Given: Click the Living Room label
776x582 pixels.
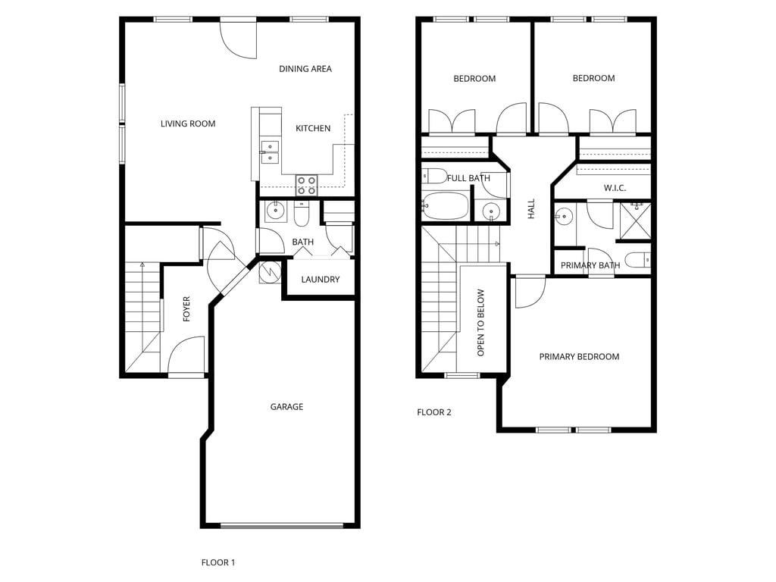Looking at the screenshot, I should pos(188,124).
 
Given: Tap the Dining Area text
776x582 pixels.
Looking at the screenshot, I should pos(305,69).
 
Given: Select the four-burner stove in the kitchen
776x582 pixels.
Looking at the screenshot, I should pos(306,185).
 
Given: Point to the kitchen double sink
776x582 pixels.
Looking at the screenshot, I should pos(270,152).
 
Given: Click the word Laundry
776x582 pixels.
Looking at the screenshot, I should pos(320,280).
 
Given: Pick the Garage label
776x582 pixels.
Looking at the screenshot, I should pos(286,407).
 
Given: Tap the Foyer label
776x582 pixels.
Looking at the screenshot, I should pos(186,309).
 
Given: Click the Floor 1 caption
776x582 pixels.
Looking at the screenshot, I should pos(218,562).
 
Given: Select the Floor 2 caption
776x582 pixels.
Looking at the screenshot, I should pos(434,412).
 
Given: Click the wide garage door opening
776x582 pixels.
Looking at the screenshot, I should pos(281,525).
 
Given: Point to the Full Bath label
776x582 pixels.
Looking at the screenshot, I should pos(468,179).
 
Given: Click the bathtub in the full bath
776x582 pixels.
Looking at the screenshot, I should pos(446,205).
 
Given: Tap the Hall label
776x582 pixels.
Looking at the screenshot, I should pos(531,209).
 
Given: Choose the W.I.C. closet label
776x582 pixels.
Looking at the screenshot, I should pos(615,188).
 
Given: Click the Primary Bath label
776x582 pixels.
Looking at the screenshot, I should pos(590,265).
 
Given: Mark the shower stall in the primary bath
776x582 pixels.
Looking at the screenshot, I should pos(635,220).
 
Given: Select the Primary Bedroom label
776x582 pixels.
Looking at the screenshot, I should pos(579,357).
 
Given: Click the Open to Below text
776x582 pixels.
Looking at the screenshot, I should pos(480,323).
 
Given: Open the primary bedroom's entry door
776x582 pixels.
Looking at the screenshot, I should pos(530,292).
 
